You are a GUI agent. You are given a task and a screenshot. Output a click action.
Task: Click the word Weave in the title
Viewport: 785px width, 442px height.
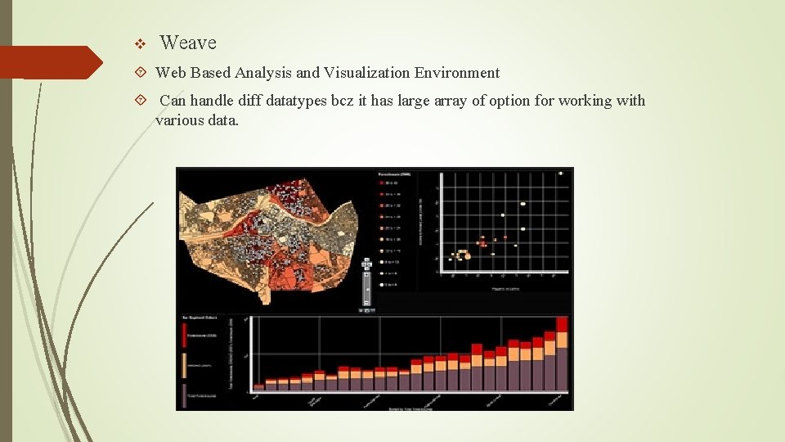[x=188, y=43]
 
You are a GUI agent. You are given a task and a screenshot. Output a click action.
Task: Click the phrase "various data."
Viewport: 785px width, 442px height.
[x=197, y=120]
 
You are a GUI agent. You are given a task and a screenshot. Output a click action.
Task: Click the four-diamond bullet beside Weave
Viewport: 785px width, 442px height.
[x=139, y=43]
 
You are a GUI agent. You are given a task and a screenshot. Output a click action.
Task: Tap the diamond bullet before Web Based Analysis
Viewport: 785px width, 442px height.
[x=140, y=73]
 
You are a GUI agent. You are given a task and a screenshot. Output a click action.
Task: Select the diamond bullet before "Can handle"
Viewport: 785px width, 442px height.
[x=140, y=101]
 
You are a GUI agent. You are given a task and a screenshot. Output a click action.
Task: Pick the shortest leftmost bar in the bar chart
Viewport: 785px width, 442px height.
[x=259, y=386]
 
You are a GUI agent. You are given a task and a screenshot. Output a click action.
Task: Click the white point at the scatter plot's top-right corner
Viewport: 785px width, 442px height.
[x=561, y=173]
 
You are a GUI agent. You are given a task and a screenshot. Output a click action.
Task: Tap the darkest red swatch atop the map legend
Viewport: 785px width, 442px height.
[x=382, y=184]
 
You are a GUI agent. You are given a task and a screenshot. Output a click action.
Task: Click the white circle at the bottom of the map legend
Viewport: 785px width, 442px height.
[x=382, y=284]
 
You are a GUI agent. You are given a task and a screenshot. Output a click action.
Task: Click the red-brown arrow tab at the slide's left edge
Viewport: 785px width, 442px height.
[x=49, y=62]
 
